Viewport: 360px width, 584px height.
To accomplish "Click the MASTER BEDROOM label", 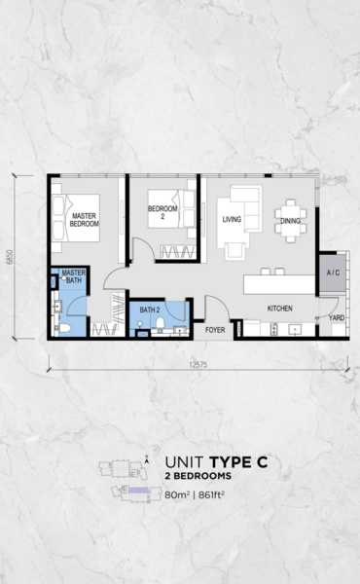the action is [85, 220].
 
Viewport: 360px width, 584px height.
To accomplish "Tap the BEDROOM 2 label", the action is [162, 212].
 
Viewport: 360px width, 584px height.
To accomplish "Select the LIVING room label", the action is [232, 219].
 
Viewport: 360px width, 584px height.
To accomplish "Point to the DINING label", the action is [290, 221].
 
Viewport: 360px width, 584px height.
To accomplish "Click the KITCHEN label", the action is [280, 309].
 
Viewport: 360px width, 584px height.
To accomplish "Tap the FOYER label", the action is [215, 330].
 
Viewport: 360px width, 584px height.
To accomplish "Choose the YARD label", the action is [337, 317].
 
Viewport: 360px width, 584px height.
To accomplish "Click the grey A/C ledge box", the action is [333, 273].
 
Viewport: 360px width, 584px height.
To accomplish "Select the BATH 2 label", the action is [150, 310].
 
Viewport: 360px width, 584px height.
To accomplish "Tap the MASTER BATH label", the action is [74, 276].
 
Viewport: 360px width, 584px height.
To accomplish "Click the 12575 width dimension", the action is [198, 365].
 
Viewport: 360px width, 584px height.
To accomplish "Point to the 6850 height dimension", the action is [10, 257].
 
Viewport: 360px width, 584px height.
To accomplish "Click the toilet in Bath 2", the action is [161, 323].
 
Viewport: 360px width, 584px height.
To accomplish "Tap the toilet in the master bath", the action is [63, 328].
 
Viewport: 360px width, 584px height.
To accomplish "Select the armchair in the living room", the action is [234, 251].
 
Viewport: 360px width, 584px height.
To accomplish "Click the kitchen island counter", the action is [279, 284].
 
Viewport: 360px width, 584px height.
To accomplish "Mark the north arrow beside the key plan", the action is [147, 460].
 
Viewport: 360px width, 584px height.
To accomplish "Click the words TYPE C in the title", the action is [238, 462].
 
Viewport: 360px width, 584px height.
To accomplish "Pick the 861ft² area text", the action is [211, 495].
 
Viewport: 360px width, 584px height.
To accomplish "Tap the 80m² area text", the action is [177, 495].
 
